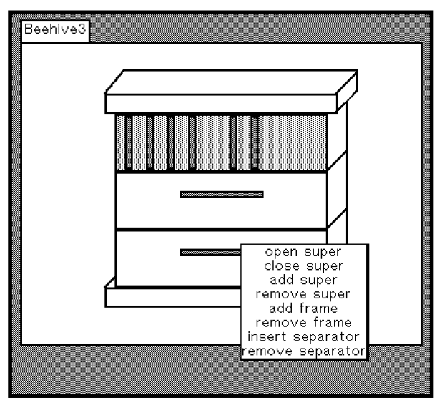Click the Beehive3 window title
[55, 29]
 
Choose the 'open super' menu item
[303, 252]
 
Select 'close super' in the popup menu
[304, 266]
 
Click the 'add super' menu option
[304, 280]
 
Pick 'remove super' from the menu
[303, 294]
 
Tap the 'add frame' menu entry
[303, 309]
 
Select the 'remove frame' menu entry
[304, 323]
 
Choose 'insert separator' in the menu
[303, 336]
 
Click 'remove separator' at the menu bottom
[304, 351]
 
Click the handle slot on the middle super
[222, 195]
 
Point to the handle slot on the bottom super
[211, 253]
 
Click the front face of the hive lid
[221, 103]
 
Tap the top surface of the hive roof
[232, 82]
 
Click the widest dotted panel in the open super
[293, 142]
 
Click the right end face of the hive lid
[347, 92]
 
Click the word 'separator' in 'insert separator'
[326, 337]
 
